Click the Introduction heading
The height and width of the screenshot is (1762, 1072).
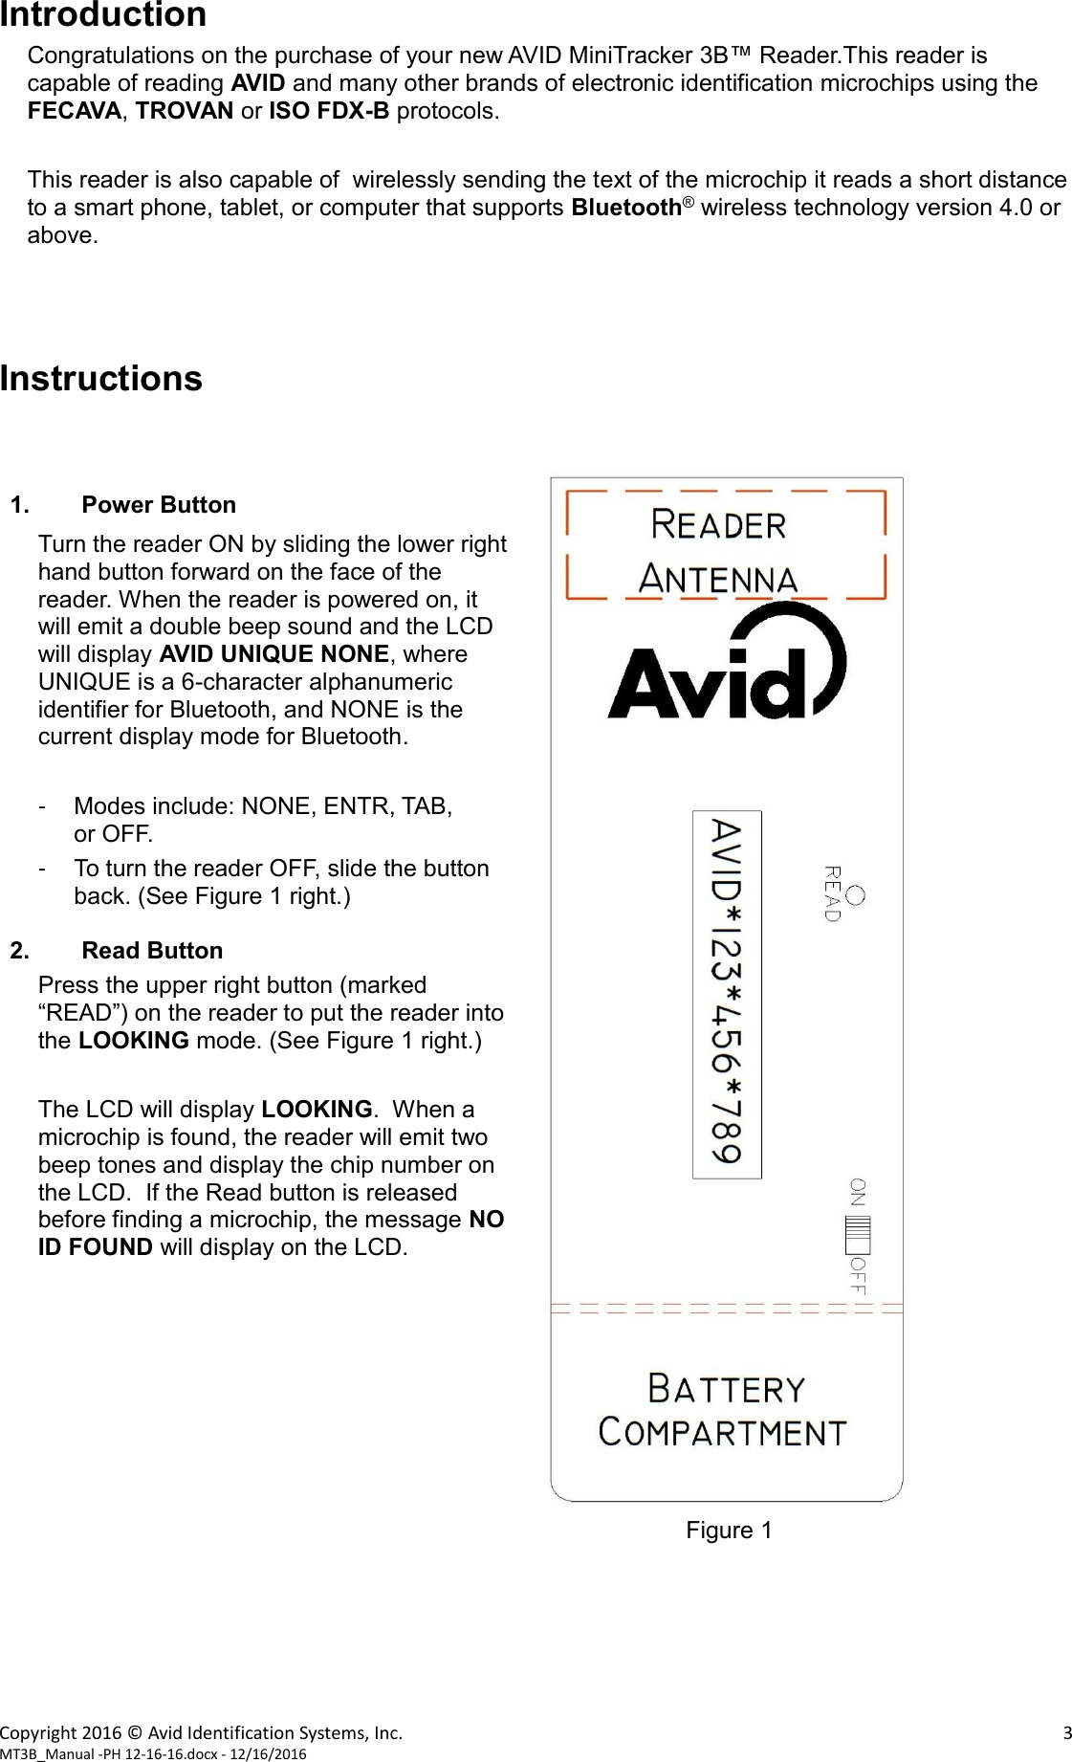tap(103, 15)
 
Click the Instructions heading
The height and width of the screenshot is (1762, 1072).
tap(101, 379)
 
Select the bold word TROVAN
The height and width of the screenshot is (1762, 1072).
tap(185, 111)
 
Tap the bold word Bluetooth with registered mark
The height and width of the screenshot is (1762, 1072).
tap(631, 208)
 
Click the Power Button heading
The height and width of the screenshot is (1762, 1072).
tap(159, 505)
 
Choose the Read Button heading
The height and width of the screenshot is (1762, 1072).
tap(152, 951)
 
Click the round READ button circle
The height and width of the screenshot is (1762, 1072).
tap(855, 895)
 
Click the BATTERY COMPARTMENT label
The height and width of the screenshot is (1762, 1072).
tap(725, 1410)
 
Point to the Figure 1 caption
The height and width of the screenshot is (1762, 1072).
tap(729, 1531)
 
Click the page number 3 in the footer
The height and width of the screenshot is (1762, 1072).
tap(1066, 1732)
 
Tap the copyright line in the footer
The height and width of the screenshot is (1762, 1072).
tap(202, 1732)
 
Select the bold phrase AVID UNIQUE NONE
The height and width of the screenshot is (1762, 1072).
tap(273, 654)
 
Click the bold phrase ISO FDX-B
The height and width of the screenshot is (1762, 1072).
tap(329, 111)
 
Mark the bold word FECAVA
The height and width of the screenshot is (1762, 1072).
tap(75, 111)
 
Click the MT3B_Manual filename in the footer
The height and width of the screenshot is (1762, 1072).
tap(153, 1753)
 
